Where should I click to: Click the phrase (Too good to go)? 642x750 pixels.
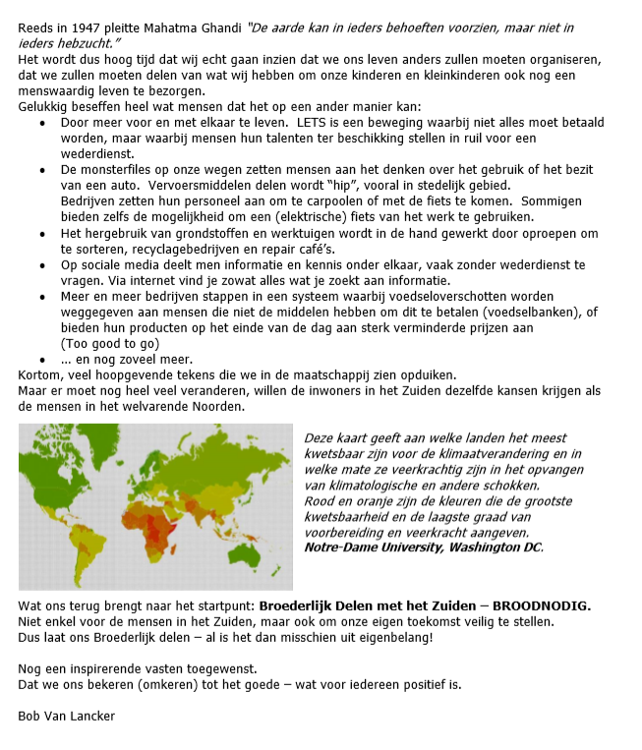tap(110, 344)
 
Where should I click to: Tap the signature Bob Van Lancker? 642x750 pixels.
tap(66, 716)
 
